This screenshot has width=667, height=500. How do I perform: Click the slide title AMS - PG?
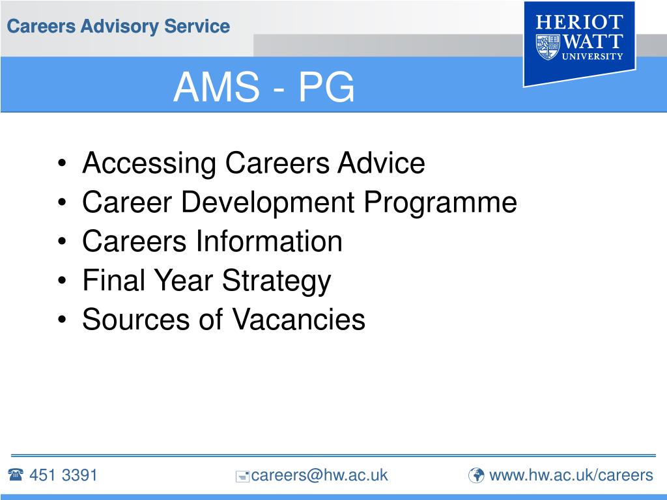264,87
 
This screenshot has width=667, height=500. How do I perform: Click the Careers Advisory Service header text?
118,27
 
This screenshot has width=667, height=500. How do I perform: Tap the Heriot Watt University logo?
579,42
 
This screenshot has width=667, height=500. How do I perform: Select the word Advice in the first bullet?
381,163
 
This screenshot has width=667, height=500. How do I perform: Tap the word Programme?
440,202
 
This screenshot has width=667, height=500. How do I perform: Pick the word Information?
268,242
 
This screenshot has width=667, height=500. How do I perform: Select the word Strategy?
277,281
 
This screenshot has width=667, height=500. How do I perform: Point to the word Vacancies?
299,320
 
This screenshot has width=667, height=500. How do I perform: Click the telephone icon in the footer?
16,475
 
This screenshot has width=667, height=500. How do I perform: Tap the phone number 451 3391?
63,475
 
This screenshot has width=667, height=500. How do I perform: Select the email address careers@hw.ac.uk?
319,475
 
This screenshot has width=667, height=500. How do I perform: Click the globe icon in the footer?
477,476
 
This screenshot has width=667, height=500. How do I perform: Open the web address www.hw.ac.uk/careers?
571,475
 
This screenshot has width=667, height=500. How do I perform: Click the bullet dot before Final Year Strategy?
61,282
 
